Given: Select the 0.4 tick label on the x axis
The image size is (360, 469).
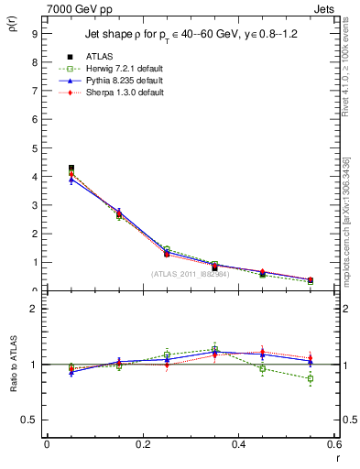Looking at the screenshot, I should point(238,444).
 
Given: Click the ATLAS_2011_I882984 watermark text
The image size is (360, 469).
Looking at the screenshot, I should point(190,274).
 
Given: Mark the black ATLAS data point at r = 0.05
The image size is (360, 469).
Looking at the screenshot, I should point(71,169).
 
